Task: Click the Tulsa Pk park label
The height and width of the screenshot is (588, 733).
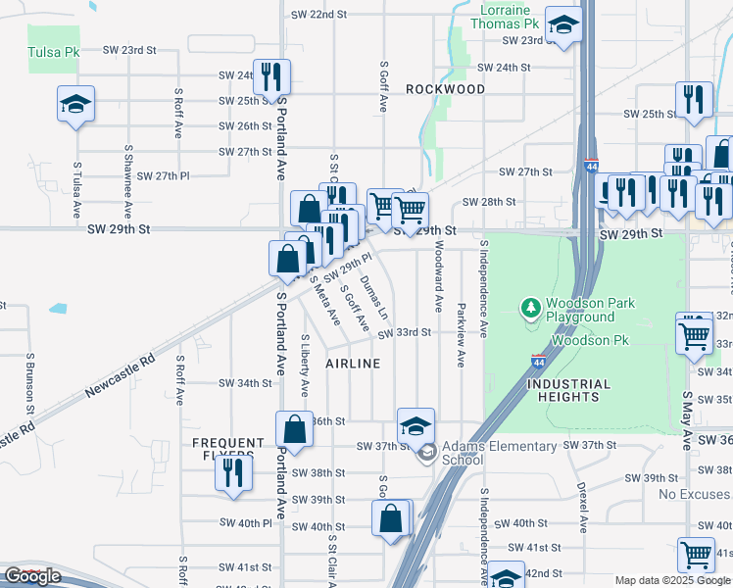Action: point(52,52)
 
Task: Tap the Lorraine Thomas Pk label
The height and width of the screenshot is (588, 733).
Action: point(505,15)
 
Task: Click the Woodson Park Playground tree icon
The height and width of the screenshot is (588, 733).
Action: point(531,309)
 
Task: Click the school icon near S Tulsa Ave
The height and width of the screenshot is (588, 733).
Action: point(74,104)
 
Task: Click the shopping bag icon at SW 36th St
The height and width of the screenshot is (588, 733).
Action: point(294,428)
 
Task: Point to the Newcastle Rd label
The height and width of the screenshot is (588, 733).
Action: point(120,376)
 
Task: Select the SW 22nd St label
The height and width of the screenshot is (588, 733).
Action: point(320,15)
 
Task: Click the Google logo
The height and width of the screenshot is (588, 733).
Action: point(32,576)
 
